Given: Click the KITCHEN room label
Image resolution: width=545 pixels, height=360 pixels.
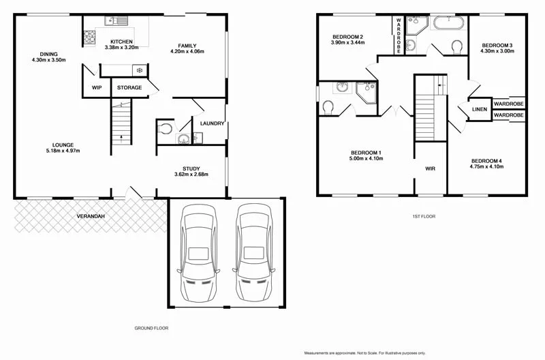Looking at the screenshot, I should (x=121, y=41).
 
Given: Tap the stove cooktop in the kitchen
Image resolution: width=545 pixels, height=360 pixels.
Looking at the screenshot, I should (x=89, y=40).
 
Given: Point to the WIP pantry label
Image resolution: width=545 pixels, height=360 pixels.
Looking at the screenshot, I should (x=97, y=88).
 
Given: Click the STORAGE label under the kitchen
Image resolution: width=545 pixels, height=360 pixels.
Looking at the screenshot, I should (x=129, y=88).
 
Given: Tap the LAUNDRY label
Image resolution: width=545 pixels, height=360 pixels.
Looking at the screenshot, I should (x=212, y=123).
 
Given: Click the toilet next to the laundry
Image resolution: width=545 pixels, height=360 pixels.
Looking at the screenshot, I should (x=164, y=128).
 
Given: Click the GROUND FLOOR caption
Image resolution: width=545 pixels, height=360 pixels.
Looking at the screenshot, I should (x=151, y=328).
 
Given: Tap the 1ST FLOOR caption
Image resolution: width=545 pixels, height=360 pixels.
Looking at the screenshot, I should (x=422, y=216).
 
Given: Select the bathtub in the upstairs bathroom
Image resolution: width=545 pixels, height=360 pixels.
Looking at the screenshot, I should (x=449, y=22).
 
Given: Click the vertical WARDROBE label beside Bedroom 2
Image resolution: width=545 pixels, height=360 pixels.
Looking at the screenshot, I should (x=399, y=35).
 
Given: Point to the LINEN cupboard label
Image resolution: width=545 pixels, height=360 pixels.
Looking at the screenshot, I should (x=479, y=110).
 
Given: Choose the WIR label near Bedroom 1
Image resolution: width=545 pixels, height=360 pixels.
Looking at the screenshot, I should (x=430, y=168).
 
